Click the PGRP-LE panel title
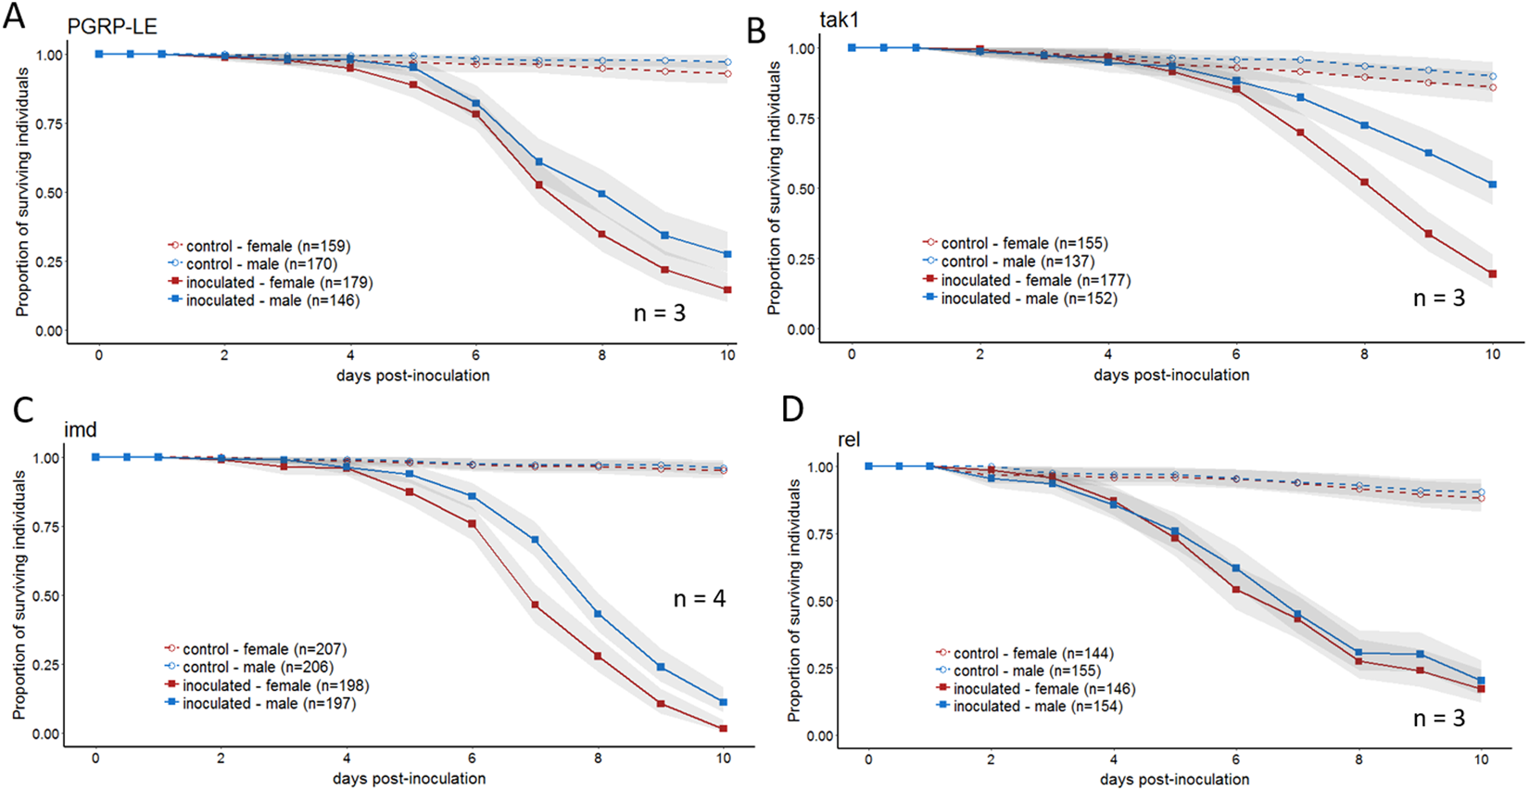point(105,27)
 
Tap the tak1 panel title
point(840,20)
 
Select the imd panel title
point(80,429)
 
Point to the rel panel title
point(848,440)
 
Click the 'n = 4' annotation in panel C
point(699,599)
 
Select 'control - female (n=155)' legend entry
point(1024,243)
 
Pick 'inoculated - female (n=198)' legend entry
point(275,685)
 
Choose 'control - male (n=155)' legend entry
point(1027,670)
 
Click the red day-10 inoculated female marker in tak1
point(1492,274)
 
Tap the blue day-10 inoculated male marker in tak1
point(1492,185)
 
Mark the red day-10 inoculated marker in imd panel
point(723,729)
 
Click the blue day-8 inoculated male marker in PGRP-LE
point(601,194)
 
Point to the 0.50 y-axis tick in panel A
point(49,193)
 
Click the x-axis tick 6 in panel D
point(1236,759)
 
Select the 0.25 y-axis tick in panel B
point(801,259)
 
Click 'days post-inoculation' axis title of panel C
point(409,778)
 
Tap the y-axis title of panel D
point(794,600)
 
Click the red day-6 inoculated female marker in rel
point(1235,590)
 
